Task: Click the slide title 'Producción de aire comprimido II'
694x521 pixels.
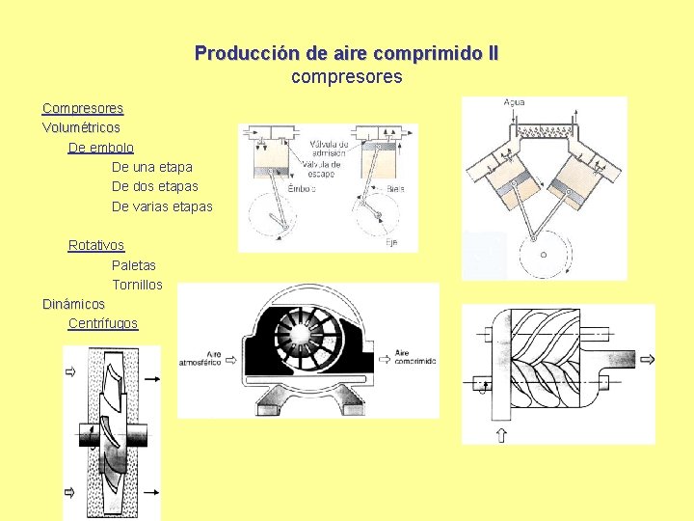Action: (x=346, y=53)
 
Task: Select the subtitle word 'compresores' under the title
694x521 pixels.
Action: (x=346, y=75)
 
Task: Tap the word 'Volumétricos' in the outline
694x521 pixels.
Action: (x=81, y=127)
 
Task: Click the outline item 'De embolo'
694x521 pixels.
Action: (x=101, y=148)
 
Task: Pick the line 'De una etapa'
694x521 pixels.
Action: (x=152, y=167)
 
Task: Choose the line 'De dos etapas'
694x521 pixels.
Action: (x=155, y=186)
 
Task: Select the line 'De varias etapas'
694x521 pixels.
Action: (x=162, y=206)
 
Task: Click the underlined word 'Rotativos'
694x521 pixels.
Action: (x=96, y=245)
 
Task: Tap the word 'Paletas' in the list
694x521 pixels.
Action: (x=134, y=264)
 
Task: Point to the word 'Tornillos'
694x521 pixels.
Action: (x=137, y=285)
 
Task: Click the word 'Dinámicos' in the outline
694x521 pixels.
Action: (x=73, y=304)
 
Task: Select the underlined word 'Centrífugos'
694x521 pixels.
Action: (x=103, y=323)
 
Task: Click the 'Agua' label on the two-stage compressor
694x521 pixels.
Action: (x=515, y=103)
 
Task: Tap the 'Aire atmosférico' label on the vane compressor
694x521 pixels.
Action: (x=200, y=359)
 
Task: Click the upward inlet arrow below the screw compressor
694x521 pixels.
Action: (x=502, y=434)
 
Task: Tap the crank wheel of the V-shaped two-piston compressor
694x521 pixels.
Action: (x=543, y=255)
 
